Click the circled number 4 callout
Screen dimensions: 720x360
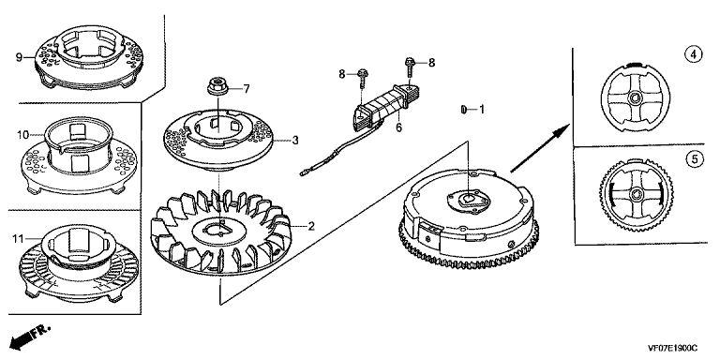(x=694, y=55)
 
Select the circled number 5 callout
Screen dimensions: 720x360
(x=694, y=158)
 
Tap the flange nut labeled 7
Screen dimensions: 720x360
(x=216, y=86)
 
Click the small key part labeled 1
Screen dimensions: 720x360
(x=463, y=110)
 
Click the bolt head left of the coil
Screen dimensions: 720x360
(x=362, y=73)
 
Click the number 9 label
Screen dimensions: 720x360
(x=19, y=57)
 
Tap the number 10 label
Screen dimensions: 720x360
(x=22, y=135)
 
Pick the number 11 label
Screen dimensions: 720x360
(x=19, y=239)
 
